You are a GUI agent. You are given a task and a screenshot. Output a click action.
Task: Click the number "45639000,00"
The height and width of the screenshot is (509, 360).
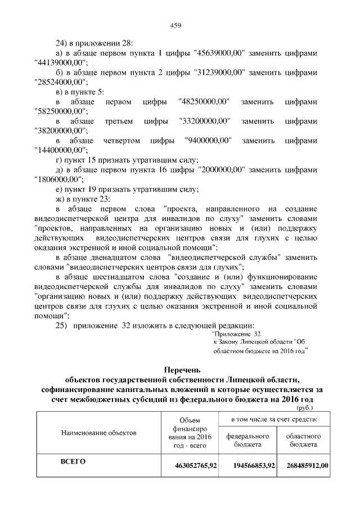click(x=218, y=53)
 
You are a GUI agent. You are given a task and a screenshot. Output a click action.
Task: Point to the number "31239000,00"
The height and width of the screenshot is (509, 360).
click(x=218, y=73)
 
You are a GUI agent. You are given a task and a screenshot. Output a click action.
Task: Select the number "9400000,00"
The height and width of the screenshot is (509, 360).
click(x=208, y=141)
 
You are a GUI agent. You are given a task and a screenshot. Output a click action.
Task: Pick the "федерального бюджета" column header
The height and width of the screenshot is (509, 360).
click(x=248, y=440)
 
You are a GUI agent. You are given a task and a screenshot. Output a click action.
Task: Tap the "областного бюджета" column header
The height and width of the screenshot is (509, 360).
click(x=304, y=440)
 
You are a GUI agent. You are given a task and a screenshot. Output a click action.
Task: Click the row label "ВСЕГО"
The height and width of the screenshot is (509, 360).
click(x=72, y=462)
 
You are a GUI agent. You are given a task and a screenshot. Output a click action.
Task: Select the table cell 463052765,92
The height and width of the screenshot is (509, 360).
click(x=196, y=465)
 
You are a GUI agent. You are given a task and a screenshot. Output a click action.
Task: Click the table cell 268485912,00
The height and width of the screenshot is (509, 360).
click(x=307, y=465)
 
